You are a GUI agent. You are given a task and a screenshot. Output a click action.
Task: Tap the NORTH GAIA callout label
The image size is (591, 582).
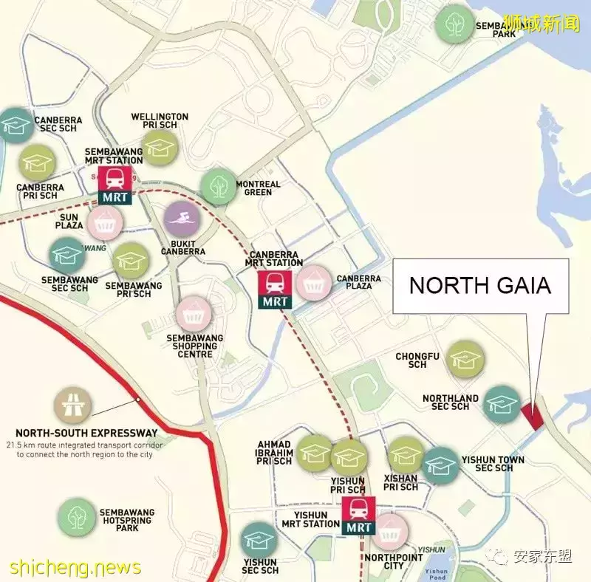coord(480,286)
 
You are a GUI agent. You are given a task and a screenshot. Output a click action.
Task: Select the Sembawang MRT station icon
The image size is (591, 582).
coord(115,184)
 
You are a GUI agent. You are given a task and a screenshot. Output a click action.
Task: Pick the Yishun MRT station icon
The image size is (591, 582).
coord(359,516)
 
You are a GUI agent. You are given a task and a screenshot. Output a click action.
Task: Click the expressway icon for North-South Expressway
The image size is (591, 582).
coord(72,405)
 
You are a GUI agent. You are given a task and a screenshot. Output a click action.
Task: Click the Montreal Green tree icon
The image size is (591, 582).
coord(219,186)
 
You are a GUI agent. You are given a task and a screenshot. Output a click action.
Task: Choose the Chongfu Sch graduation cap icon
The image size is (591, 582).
coord(466,360)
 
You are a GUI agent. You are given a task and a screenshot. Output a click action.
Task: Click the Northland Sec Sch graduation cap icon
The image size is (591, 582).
coord(502,404)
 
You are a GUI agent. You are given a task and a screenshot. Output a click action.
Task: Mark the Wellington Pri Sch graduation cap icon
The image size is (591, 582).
coord(160,147)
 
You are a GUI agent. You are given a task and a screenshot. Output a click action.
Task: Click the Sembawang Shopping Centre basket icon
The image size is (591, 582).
coord(194,314)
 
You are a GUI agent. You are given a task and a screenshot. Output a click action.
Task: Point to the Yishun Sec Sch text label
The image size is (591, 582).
coord(259,565)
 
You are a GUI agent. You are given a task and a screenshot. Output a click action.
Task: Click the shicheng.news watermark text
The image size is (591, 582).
coord(75,567)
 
